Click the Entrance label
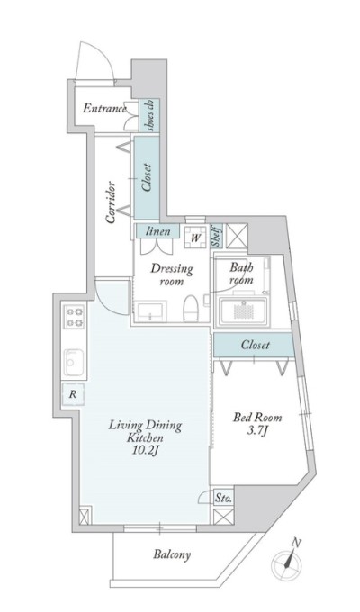tap(104, 108)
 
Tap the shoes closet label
tap(150, 115)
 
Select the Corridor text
tap(111, 202)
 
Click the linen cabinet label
tap(157, 231)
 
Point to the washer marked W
tap(195, 237)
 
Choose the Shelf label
tap(217, 236)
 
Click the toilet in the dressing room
tap(191, 308)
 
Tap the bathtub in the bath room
tap(243, 311)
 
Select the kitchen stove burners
tap(75, 317)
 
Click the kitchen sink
tap(74, 363)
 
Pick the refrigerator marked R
tap(73, 394)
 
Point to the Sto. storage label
tap(224, 498)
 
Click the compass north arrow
tap(290, 559)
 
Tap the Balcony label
tap(172, 554)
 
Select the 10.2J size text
tap(146, 450)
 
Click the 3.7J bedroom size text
tap(256, 431)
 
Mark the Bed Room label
tap(257, 418)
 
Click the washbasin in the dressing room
tap(150, 311)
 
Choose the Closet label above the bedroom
tap(255, 345)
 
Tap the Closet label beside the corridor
tap(147, 177)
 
